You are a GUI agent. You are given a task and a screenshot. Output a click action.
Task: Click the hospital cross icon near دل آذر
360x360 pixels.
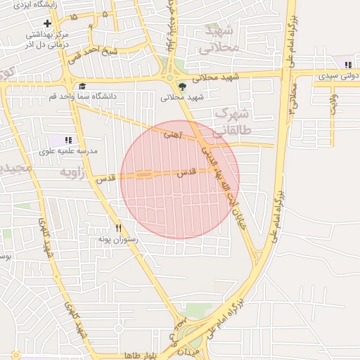click(47, 24)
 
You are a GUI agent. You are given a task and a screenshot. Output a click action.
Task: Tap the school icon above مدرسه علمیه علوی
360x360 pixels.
click(68, 141)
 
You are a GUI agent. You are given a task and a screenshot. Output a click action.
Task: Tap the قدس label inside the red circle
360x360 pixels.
click(184, 172)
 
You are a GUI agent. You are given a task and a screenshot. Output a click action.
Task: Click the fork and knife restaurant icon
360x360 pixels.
click(118, 228)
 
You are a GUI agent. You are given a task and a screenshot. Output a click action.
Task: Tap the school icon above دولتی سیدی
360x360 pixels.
click(347, 65)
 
